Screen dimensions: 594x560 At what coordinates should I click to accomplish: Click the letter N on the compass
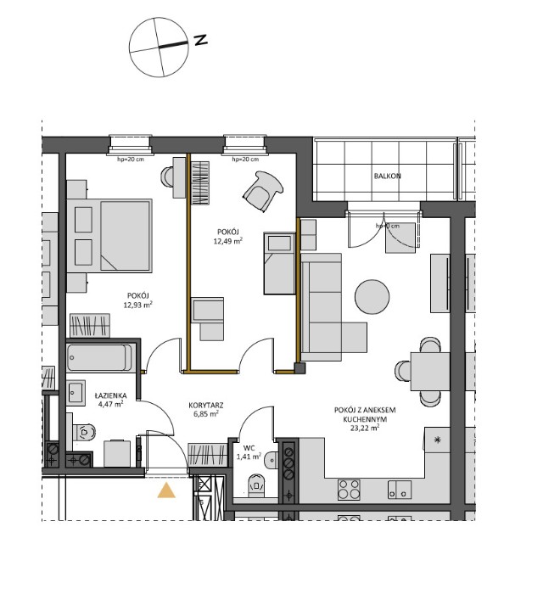pyautogui.click(x=200, y=40)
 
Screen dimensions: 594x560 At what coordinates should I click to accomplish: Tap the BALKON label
pyautogui.click(x=386, y=177)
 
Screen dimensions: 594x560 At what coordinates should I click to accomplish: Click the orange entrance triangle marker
pyautogui.click(x=167, y=489)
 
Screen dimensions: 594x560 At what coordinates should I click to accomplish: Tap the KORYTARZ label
pyautogui.click(x=206, y=406)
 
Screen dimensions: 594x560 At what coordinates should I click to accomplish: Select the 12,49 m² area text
pyautogui.click(x=227, y=241)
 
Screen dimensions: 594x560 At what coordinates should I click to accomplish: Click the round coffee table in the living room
pyautogui.click(x=373, y=297)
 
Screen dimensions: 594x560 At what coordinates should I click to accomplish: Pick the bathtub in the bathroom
pyautogui.click(x=100, y=356)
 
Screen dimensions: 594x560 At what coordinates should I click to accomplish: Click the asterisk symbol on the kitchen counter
pyautogui.click(x=438, y=440)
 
